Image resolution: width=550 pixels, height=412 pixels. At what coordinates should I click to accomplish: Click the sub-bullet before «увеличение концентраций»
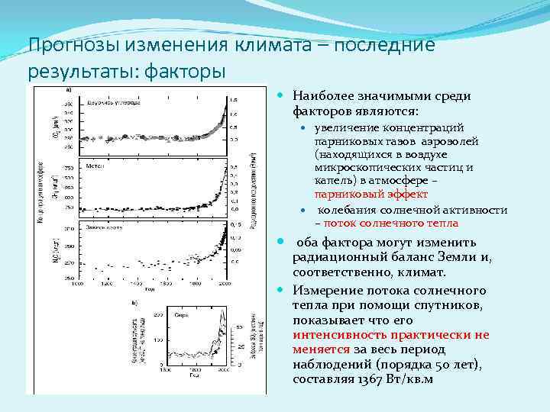pyautogui.click(x=302, y=127)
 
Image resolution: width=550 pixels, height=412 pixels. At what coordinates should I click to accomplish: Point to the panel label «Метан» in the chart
pyautogui.click(x=95, y=163)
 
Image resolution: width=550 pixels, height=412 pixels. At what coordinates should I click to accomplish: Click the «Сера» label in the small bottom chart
pyautogui.click(x=182, y=314)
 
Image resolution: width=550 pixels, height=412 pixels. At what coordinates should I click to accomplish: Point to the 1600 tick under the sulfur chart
pyautogui.click(x=167, y=369)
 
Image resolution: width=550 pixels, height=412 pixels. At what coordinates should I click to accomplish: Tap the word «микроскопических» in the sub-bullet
pyautogui.click(x=359, y=167)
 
